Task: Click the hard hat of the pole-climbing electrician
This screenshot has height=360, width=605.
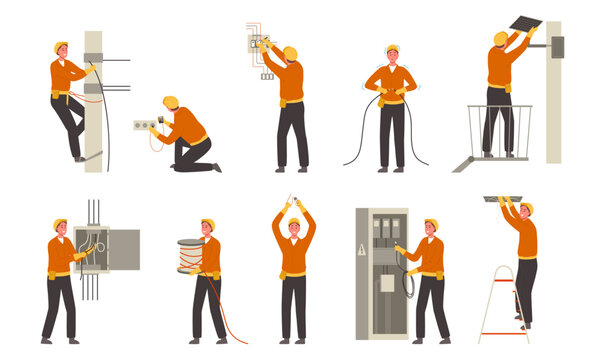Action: [61, 46]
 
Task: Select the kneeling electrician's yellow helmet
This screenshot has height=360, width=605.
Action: [171, 101]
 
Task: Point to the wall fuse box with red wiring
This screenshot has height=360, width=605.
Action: [262, 43]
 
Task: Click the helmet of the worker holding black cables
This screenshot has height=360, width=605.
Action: [391, 49]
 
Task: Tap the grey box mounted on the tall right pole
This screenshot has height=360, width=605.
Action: [556, 46]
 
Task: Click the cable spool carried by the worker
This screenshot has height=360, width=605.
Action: [190, 257]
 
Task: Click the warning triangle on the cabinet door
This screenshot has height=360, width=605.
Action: [362, 251]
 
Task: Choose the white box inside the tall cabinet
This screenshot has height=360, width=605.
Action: [386, 284]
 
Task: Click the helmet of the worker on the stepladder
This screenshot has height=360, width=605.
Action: [527, 208]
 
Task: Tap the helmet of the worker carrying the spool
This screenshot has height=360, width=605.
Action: [209, 224]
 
